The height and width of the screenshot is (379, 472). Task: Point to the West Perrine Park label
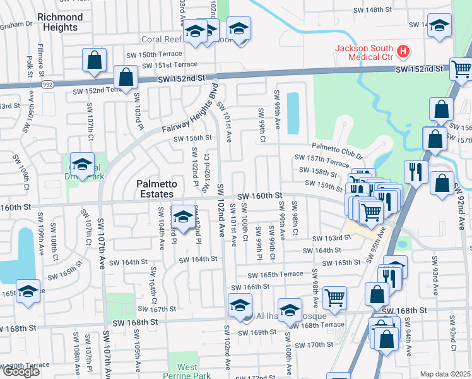pyautogui.click(x=187, y=371)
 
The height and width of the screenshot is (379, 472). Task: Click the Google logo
pyautogui.click(x=21, y=371)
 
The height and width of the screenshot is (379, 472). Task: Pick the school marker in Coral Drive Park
pyautogui.click(x=81, y=165)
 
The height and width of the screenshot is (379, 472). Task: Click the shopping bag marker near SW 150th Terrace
pyautogui.click(x=93, y=61)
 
